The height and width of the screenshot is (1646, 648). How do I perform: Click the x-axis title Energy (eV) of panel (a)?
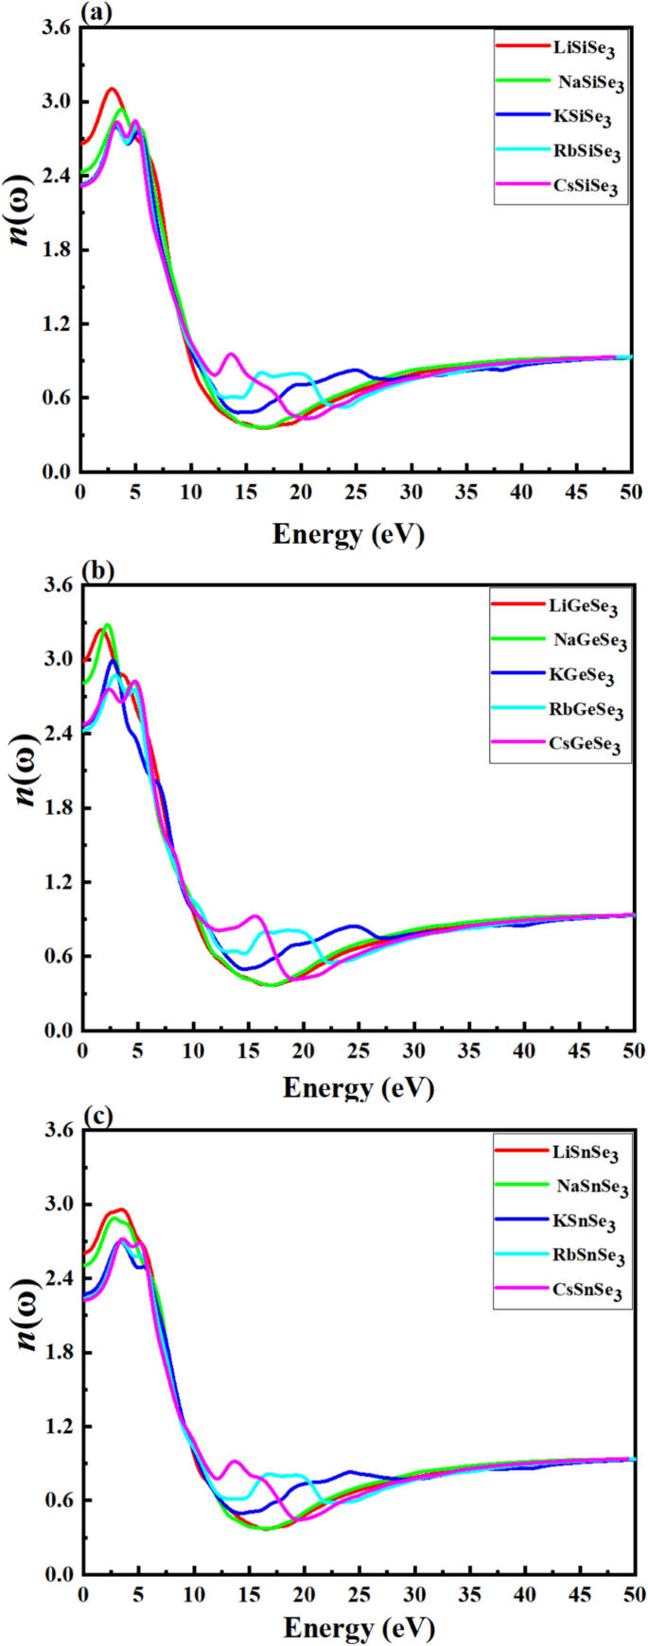348,534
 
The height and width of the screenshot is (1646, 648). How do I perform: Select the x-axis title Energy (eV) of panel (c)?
359,1627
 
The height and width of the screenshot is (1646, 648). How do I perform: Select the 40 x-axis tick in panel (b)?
523,1051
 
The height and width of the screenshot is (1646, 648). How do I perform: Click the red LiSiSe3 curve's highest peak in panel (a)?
113,89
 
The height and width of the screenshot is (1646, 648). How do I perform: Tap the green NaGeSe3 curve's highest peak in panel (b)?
107,625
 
